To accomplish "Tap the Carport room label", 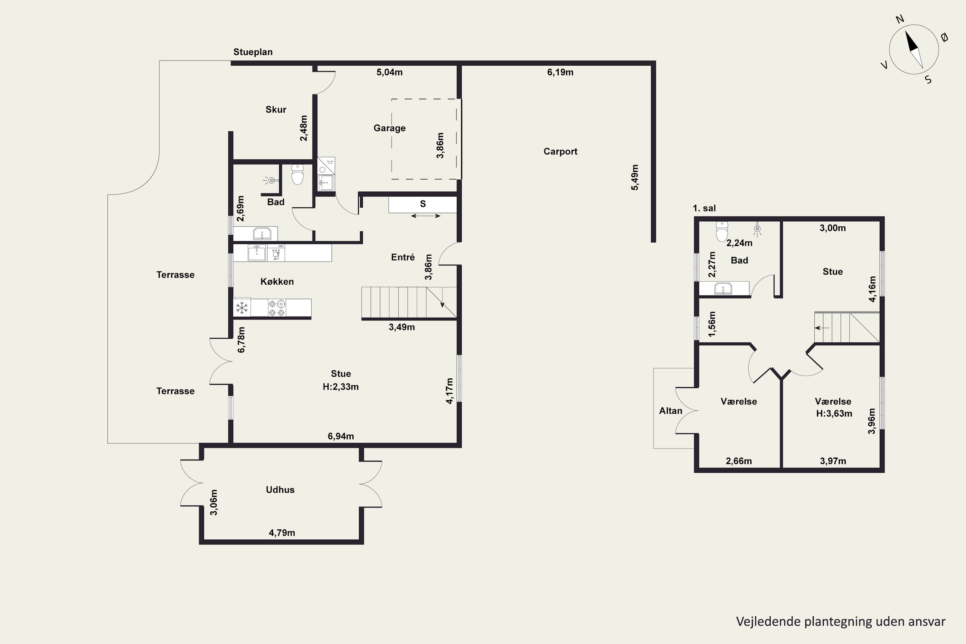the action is coord(560,152).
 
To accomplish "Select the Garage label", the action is coord(389,128).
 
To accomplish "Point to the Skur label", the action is coord(276,109).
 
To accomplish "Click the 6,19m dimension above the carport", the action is coord(560,72).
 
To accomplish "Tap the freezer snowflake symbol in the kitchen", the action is coord(242,308).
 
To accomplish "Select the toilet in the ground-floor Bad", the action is coord(297,175).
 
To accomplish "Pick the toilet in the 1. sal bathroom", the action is coord(722,232).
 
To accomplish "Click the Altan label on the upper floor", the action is coord(671,411).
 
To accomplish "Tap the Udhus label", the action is coord(280,489).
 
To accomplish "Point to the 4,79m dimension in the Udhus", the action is coord(282,533).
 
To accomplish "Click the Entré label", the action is coord(402,257).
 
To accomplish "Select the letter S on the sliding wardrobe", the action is coord(422,204).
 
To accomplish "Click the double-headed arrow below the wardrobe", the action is coord(425,216).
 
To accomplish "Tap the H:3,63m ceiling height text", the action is coord(834,413).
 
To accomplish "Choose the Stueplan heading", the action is coord(253,52).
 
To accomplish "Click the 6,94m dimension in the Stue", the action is coord(340,436).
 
